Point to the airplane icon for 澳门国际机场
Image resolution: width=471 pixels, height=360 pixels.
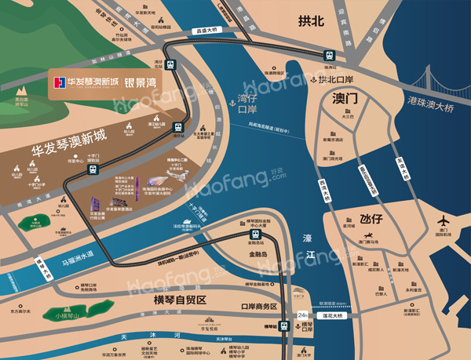pyautogui.click(x=442, y=222)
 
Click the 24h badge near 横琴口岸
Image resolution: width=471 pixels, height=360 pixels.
pyautogui.click(x=305, y=316)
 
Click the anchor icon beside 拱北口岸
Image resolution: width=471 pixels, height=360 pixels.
pyautogui.click(x=312, y=81)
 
